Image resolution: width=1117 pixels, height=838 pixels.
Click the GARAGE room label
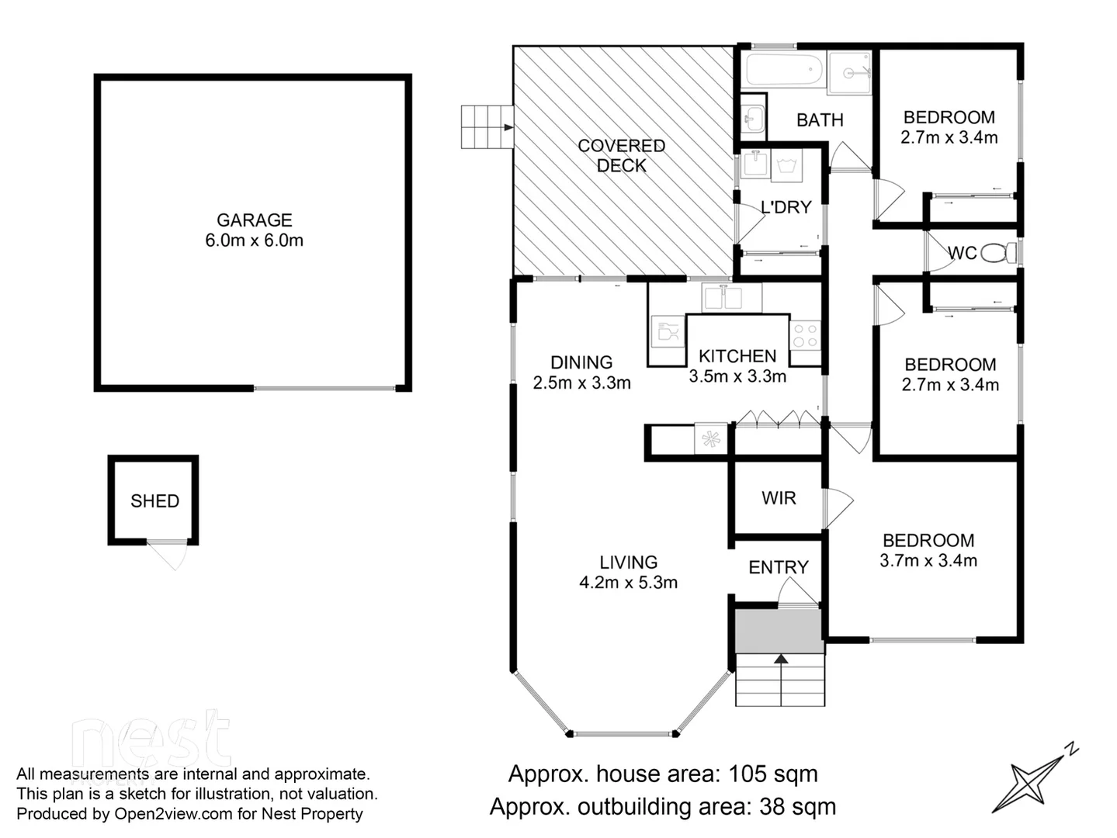(254, 220)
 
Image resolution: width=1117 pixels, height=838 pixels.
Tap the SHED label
(154, 501)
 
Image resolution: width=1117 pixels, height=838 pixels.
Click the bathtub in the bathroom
(784, 71)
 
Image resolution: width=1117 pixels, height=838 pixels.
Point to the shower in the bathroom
(849, 73)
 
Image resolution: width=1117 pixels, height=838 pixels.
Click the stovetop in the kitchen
(805, 335)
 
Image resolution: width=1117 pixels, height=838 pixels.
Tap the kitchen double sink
(722, 297)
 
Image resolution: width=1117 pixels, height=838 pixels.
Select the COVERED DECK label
(621, 155)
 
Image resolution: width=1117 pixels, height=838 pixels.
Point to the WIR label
(779, 498)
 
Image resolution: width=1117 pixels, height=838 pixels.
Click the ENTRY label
(779, 567)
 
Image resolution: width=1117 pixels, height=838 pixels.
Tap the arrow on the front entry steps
(781, 660)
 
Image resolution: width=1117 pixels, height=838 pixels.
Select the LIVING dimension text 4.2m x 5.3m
(628, 583)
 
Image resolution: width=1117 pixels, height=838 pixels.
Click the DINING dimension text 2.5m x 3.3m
(581, 383)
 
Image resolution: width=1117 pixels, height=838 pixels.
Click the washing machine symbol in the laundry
(787, 165)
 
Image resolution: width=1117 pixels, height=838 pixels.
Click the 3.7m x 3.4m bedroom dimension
(928, 560)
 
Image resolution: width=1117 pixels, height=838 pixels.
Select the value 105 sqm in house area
(772, 774)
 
